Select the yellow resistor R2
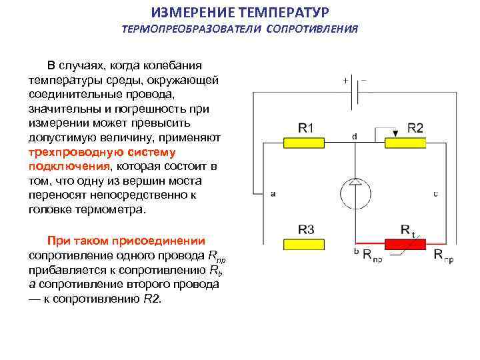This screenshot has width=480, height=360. click(405, 143)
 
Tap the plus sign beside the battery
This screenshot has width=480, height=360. click(346, 80)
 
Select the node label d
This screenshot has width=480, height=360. click(354, 136)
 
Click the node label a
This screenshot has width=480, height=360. click(273, 194)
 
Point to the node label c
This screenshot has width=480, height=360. click(435, 194)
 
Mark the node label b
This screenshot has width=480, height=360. click(357, 252)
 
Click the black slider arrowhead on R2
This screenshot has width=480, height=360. click(395, 134)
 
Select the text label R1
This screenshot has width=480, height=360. click(307, 128)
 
